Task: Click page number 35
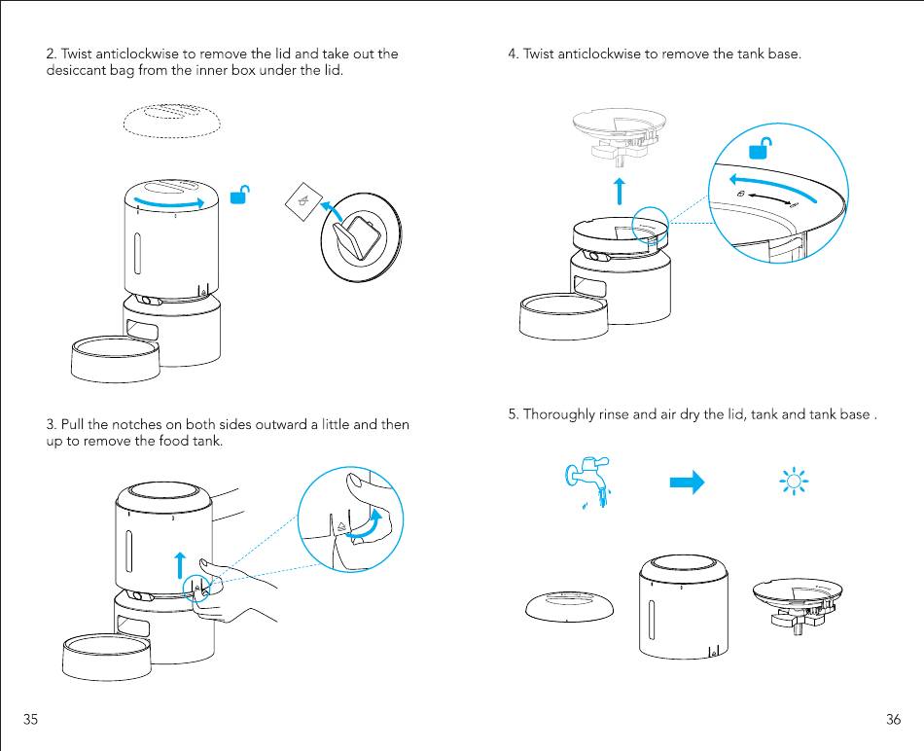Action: [x=31, y=720]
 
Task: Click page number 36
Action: [x=893, y=720]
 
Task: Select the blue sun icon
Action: [x=795, y=482]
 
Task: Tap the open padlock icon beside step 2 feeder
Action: [x=238, y=196]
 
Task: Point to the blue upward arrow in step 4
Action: [x=619, y=191]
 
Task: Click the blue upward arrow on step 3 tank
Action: [x=179, y=565]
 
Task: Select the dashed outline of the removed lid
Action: [x=172, y=122]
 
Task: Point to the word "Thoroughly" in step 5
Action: [x=558, y=414]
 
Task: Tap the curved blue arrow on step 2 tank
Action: [x=169, y=201]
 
